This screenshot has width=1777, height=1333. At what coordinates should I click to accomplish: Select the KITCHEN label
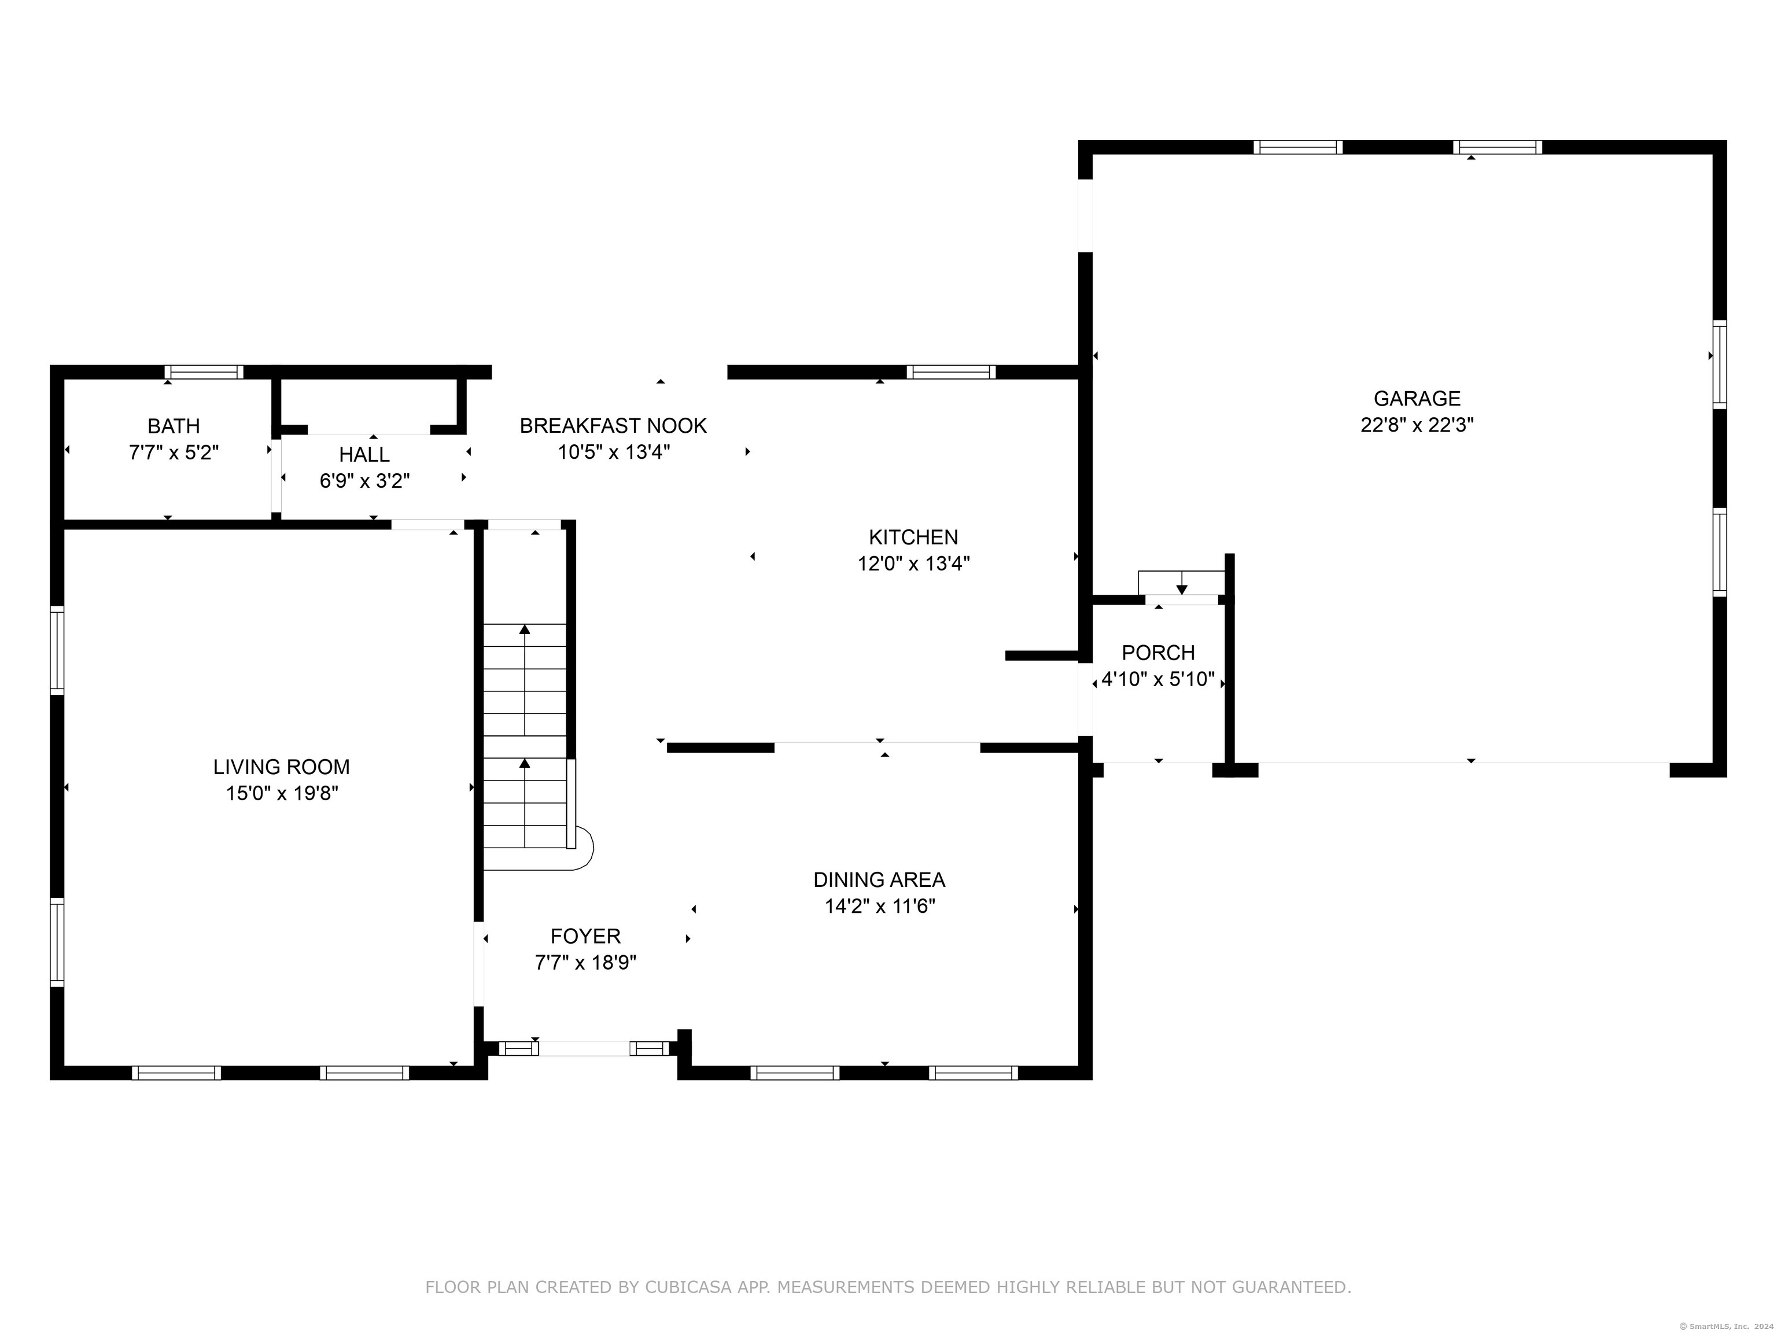point(913,537)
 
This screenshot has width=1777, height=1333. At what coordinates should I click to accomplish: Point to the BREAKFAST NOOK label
point(613,426)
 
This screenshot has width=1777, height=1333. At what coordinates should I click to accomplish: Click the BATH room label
point(174,426)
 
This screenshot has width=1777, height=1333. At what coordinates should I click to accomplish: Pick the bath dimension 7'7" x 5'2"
point(174,453)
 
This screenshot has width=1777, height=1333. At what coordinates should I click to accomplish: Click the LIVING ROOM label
point(281,767)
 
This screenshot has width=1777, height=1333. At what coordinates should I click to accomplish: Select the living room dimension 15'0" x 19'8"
point(281,794)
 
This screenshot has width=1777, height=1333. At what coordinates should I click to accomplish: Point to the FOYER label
point(585,936)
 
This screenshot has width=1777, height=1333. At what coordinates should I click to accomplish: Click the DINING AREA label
point(879,880)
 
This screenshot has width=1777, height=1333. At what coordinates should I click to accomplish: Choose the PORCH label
point(1159,653)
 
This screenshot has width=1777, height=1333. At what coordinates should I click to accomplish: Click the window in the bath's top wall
point(204,372)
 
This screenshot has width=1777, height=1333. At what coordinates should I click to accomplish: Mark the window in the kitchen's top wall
point(951,372)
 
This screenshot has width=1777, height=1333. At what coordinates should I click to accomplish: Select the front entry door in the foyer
point(584,1048)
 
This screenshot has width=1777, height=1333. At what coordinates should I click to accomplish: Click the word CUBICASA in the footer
point(688,1287)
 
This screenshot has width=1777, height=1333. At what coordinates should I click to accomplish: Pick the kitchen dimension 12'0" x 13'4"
point(913,564)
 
